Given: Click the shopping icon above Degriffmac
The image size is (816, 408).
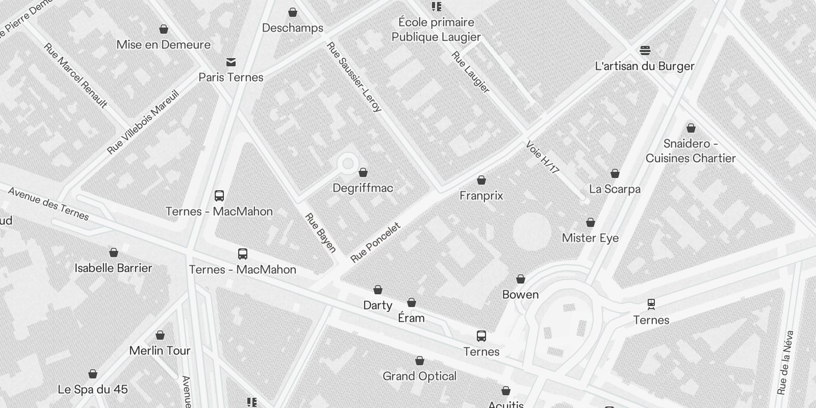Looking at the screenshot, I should tap(363, 173).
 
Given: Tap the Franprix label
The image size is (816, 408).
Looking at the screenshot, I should tap(481, 196).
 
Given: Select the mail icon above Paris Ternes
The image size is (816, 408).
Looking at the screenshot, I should tap(231, 62).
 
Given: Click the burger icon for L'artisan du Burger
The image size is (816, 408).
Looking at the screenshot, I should tap(645, 50).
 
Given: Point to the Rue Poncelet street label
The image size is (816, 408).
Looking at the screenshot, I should tap(375, 242).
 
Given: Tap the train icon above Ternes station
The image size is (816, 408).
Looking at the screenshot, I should tap(651, 304).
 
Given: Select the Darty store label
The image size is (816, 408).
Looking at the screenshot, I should tap(377, 305).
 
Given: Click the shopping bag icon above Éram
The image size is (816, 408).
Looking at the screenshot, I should tap(411, 302).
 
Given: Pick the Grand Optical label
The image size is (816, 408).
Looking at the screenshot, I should tap(419, 376).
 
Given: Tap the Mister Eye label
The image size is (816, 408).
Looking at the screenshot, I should tap(590, 238).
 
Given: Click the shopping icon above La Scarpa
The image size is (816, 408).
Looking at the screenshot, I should tap(615, 174).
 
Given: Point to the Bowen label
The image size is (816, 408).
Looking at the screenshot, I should tap(520, 295).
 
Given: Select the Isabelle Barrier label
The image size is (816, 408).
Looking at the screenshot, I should tap(113, 268).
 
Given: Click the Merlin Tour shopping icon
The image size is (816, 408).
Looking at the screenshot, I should tap(160, 335).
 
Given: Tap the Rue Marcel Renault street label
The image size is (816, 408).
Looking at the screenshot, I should tap(75, 75).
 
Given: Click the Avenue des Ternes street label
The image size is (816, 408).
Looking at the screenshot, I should tap(48, 204).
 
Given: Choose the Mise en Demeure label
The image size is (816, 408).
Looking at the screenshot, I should tap(163, 45).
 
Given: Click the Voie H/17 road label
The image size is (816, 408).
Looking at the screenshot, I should tap(542, 157).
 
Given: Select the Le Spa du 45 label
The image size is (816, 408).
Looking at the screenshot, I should tap(93, 390).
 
